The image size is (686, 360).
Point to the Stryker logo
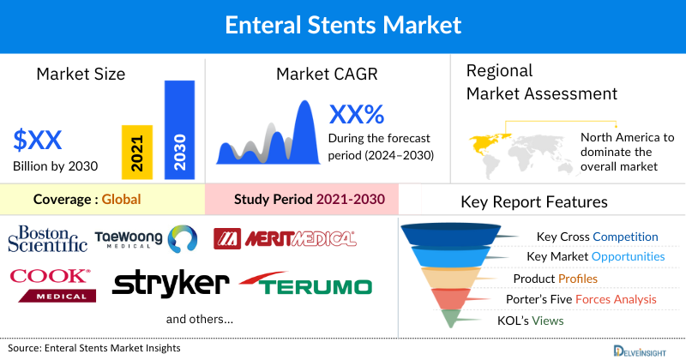[x=171, y=284]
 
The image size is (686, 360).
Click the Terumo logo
[x=306, y=285]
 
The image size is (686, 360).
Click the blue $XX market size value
[x=38, y=140]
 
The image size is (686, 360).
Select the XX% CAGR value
[x=357, y=114]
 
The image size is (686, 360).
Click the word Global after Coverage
[x=121, y=200]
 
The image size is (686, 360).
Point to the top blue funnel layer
[x=459, y=234]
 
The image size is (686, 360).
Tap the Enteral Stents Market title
[x=343, y=24]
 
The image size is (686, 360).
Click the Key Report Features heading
[x=534, y=202]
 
